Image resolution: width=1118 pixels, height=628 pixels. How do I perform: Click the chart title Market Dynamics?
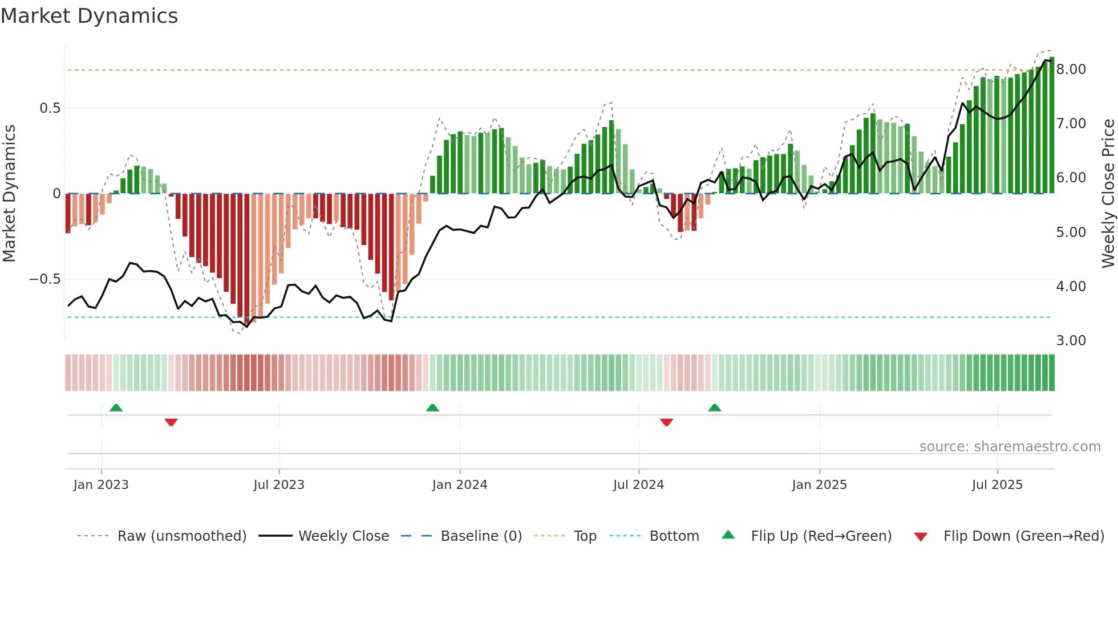(90, 16)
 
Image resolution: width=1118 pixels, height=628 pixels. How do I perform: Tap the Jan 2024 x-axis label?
(460, 485)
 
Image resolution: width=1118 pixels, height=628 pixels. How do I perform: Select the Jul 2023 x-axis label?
(279, 485)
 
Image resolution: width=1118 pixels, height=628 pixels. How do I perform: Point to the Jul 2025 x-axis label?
(997, 485)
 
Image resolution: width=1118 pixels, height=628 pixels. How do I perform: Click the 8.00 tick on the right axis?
(1071, 70)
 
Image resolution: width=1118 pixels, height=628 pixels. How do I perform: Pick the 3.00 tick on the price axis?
(1071, 341)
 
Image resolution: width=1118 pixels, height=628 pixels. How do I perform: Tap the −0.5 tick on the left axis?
(44, 279)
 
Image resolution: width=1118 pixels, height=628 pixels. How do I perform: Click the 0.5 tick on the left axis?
(50, 108)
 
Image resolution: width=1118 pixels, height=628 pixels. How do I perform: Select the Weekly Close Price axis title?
(1108, 194)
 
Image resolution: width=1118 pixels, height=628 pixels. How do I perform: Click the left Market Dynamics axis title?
(9, 194)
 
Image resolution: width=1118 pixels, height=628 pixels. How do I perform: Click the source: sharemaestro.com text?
(1010, 447)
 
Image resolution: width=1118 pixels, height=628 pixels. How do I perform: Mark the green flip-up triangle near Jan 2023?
(116, 407)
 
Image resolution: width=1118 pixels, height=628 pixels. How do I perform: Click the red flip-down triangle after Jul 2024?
(666, 422)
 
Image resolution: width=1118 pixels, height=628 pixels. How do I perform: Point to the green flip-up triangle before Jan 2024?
(432, 407)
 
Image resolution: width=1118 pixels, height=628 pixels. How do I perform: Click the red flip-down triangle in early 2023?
(171, 422)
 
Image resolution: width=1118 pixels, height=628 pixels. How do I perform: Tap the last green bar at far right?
(1051, 125)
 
